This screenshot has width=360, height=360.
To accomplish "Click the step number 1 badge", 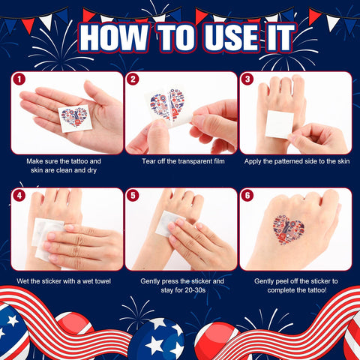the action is (19, 79).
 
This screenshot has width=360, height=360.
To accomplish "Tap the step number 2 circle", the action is (133, 79).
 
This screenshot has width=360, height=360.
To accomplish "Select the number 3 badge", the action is (247, 79).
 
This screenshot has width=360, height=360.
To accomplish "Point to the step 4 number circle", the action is (19, 196).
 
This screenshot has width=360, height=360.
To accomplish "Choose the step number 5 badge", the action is (133, 196).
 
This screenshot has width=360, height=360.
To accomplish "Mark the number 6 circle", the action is (247, 196).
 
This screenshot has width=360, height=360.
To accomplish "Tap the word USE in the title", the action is (231, 37).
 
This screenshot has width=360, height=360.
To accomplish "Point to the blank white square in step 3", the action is (279, 124).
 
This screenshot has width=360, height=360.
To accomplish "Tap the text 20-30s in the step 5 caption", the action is (189, 290).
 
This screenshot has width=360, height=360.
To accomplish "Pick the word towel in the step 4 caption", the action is (102, 281).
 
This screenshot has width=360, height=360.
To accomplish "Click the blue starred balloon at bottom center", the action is (157, 340).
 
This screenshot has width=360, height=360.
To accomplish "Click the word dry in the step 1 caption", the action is (91, 171).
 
